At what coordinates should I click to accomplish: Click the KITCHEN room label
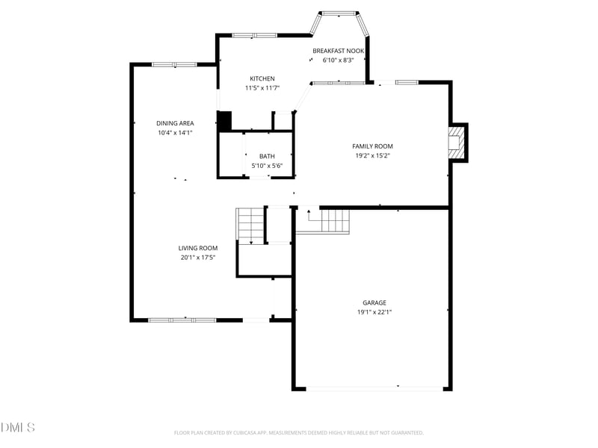pos(262,78)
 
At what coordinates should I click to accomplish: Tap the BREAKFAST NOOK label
pos(338,51)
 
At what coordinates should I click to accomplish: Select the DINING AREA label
pos(175,123)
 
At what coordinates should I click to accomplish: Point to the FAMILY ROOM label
pos(372,146)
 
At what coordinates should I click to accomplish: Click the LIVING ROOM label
pos(197,248)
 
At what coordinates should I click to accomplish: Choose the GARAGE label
pos(374,303)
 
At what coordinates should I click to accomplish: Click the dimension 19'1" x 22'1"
pos(374,313)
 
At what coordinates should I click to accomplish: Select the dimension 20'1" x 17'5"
pos(197,258)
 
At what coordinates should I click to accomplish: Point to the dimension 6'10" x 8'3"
pos(338,60)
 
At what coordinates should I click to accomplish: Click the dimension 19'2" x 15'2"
pos(372,156)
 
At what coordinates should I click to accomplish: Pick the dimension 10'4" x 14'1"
pos(175,133)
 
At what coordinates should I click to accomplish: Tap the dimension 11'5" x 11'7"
pos(262,88)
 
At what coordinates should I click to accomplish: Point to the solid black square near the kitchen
pos(224,121)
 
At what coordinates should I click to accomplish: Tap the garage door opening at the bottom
pos(374,388)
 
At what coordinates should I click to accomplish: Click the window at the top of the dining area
pos(173,64)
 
